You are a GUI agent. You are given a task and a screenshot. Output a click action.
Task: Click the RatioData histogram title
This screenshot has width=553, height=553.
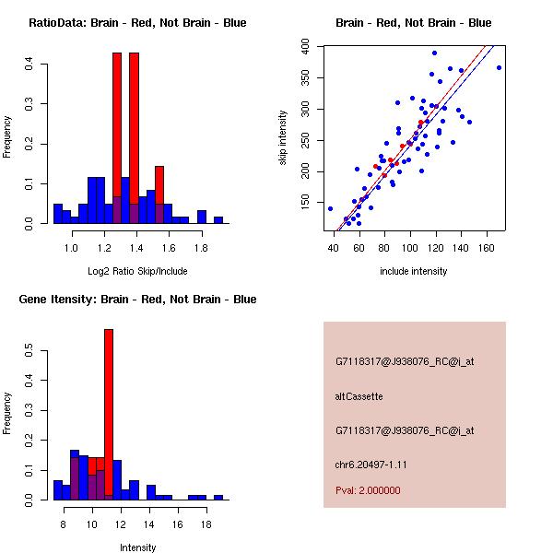tap(137, 23)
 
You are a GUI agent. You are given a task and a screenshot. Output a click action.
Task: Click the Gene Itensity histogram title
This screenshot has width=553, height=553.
tap(137, 300)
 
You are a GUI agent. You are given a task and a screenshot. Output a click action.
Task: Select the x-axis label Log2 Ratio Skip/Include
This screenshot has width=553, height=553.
tap(137, 271)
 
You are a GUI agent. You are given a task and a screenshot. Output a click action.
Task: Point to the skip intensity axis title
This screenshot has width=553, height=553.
tap(283, 138)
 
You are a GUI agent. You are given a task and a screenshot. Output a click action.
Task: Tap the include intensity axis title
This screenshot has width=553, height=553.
tap(414, 271)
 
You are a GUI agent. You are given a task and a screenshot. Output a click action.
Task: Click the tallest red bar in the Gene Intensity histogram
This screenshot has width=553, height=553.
tap(109, 415)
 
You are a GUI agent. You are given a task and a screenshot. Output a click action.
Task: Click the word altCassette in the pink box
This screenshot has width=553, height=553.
tap(359, 396)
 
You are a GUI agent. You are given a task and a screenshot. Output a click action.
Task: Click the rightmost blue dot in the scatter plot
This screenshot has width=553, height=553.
tap(499, 67)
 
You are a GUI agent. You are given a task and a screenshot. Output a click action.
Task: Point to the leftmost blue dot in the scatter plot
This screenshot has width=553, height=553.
tap(330, 208)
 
